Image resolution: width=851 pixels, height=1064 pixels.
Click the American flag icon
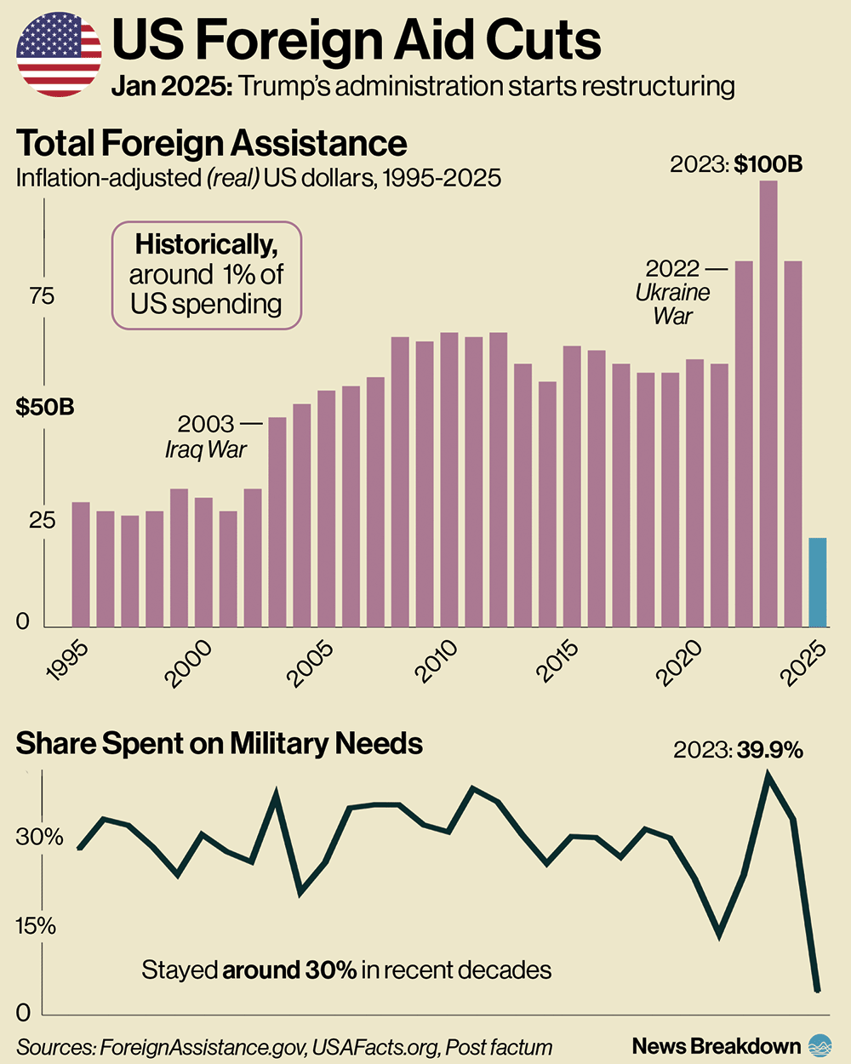coord(59,54)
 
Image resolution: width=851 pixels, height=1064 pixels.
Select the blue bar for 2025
coord(817,582)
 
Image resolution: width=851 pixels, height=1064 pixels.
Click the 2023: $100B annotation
coord(736,164)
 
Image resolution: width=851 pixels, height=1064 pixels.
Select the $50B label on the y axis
coord(45,407)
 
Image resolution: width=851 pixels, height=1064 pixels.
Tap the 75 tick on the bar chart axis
coord(41,296)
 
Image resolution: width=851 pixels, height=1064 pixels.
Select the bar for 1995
coord(81,564)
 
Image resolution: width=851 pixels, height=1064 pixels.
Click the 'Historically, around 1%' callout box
coord(206,275)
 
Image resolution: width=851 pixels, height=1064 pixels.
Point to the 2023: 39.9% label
coord(738,750)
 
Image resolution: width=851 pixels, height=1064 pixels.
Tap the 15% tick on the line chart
coord(36,925)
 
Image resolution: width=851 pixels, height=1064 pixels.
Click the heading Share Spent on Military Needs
coord(220,744)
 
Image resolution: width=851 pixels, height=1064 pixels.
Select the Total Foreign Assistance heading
coord(212,144)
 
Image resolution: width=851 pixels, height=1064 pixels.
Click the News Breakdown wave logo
coord(820,1045)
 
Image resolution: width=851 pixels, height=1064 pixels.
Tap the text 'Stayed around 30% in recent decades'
coord(346,970)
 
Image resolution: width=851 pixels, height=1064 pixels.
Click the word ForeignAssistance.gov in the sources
coord(203,1047)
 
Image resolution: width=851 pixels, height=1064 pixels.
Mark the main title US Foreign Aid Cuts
coord(357,40)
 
